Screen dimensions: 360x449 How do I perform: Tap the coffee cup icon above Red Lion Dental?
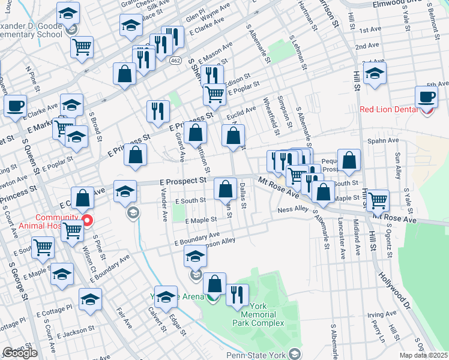click(x=427, y=97)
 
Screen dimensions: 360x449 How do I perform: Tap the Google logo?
click(x=20, y=353)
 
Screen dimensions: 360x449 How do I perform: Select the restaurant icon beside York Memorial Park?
click(x=238, y=295)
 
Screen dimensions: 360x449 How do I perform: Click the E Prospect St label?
click(x=182, y=181)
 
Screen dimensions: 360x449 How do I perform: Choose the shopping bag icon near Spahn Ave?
click(x=349, y=160)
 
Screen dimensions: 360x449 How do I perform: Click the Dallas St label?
click(x=244, y=196)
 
